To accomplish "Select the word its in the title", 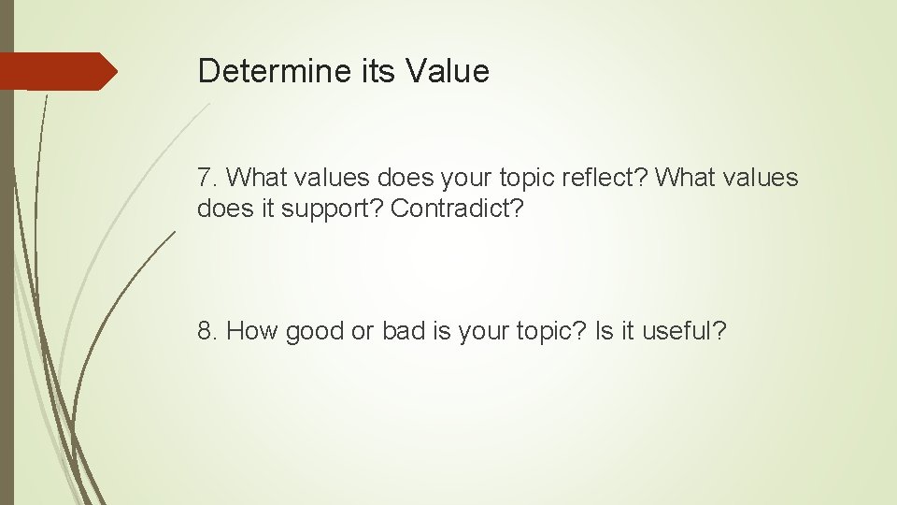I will [x=380, y=71].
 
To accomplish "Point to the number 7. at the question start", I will [x=207, y=177].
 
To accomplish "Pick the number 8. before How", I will [x=207, y=330].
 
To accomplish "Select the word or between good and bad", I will [x=363, y=330].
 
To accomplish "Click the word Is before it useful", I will [x=605, y=330].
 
